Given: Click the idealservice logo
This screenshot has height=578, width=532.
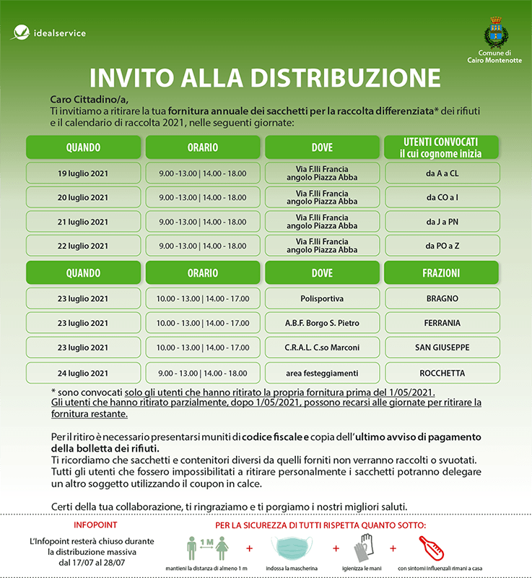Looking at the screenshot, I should (x=49, y=33).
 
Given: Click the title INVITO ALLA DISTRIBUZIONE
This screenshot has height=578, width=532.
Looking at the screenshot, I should (x=265, y=77).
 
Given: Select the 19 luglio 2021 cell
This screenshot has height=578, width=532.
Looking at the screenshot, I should (x=83, y=173).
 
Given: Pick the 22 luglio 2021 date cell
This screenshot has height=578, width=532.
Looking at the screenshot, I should (x=83, y=246).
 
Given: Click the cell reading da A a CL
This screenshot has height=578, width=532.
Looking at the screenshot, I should (x=442, y=173).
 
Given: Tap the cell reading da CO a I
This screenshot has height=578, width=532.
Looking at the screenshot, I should (x=442, y=197).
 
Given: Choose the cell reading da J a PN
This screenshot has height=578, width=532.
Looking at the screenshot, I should (x=442, y=222).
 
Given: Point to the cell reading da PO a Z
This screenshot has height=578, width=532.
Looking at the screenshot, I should (x=442, y=246).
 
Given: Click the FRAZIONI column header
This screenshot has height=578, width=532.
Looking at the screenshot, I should (x=442, y=274).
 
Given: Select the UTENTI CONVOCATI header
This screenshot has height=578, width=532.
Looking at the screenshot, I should (x=442, y=147).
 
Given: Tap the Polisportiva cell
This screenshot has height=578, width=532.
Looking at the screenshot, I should (x=322, y=298).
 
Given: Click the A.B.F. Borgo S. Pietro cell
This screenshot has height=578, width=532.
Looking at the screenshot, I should (x=322, y=323).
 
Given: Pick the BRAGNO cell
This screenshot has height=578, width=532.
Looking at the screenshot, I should (x=442, y=298).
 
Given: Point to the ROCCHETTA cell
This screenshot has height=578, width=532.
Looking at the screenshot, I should (x=442, y=373).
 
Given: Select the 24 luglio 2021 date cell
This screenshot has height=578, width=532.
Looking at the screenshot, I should (x=83, y=373).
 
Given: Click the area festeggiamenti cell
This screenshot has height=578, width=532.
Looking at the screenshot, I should (x=322, y=373).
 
